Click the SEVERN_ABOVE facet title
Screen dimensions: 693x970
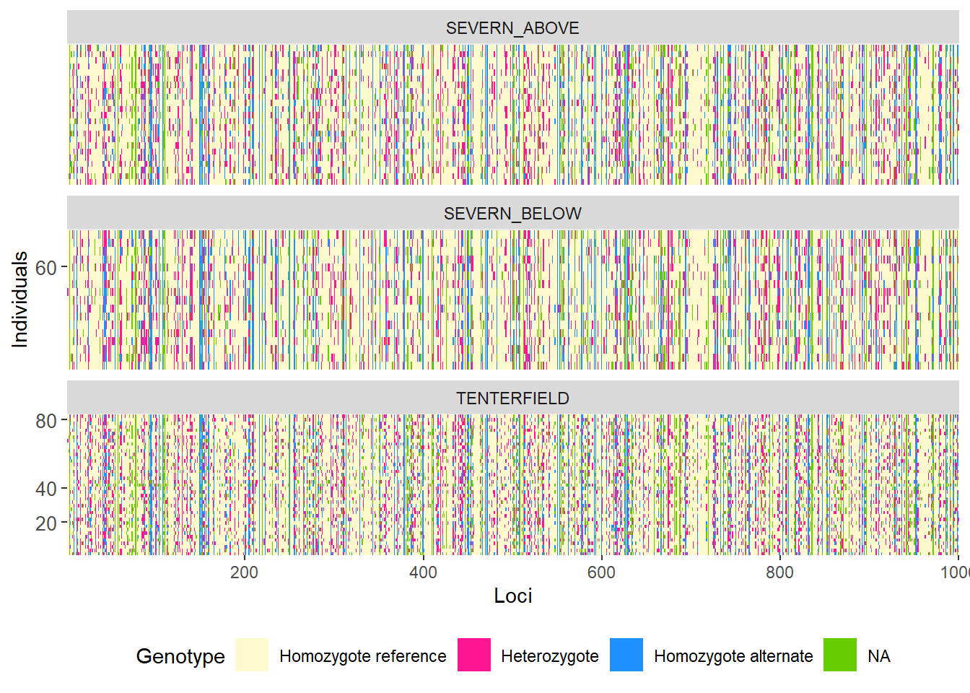coord(512,28)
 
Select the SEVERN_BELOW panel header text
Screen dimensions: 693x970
coord(512,214)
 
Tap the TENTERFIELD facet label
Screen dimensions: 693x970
coord(512,398)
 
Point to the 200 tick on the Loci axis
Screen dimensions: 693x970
coord(244,572)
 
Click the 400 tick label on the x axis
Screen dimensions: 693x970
coord(423,572)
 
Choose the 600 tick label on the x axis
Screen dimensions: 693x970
coord(601,572)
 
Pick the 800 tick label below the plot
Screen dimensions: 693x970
coord(779,572)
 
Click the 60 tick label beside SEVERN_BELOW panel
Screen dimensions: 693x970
coord(46,268)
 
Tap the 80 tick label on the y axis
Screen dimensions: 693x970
coord(46,421)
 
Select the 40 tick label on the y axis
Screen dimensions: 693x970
coord(46,489)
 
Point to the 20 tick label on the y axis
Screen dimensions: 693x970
coord(46,523)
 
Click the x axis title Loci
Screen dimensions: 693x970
coord(512,596)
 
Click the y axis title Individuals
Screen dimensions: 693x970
coord(20,300)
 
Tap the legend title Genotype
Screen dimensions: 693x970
coord(180,656)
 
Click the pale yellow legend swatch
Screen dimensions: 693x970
coord(252,655)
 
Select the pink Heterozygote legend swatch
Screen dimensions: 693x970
coord(474,655)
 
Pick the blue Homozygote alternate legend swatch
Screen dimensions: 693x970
coord(626,655)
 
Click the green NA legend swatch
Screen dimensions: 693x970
coord(840,655)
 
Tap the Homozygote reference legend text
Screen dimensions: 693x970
coord(363,656)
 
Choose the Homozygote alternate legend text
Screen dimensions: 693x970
coord(733,656)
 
